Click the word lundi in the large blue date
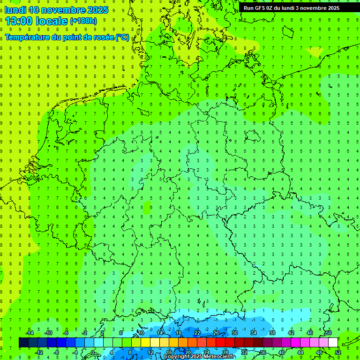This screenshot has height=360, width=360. click(15, 10)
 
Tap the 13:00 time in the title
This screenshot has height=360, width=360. click(21, 21)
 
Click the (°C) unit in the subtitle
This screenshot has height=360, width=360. click(122, 37)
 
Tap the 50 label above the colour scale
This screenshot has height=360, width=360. click(328, 333)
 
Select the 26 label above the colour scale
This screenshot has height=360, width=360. click(216, 333)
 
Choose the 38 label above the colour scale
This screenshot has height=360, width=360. click(272, 333)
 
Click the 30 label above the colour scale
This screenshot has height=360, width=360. click(234, 333)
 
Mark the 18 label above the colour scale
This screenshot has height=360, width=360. click(179, 333)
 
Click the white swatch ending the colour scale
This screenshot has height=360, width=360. click(333, 343)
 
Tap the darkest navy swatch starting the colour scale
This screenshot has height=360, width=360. click(23, 343)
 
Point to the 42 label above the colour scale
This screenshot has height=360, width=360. click(291, 333)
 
